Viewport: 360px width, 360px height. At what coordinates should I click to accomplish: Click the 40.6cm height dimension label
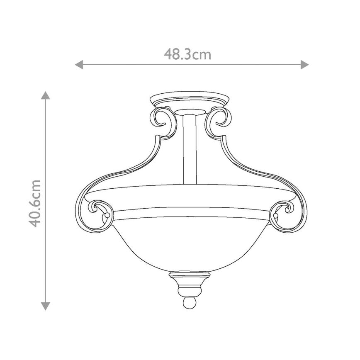[x=36, y=203]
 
